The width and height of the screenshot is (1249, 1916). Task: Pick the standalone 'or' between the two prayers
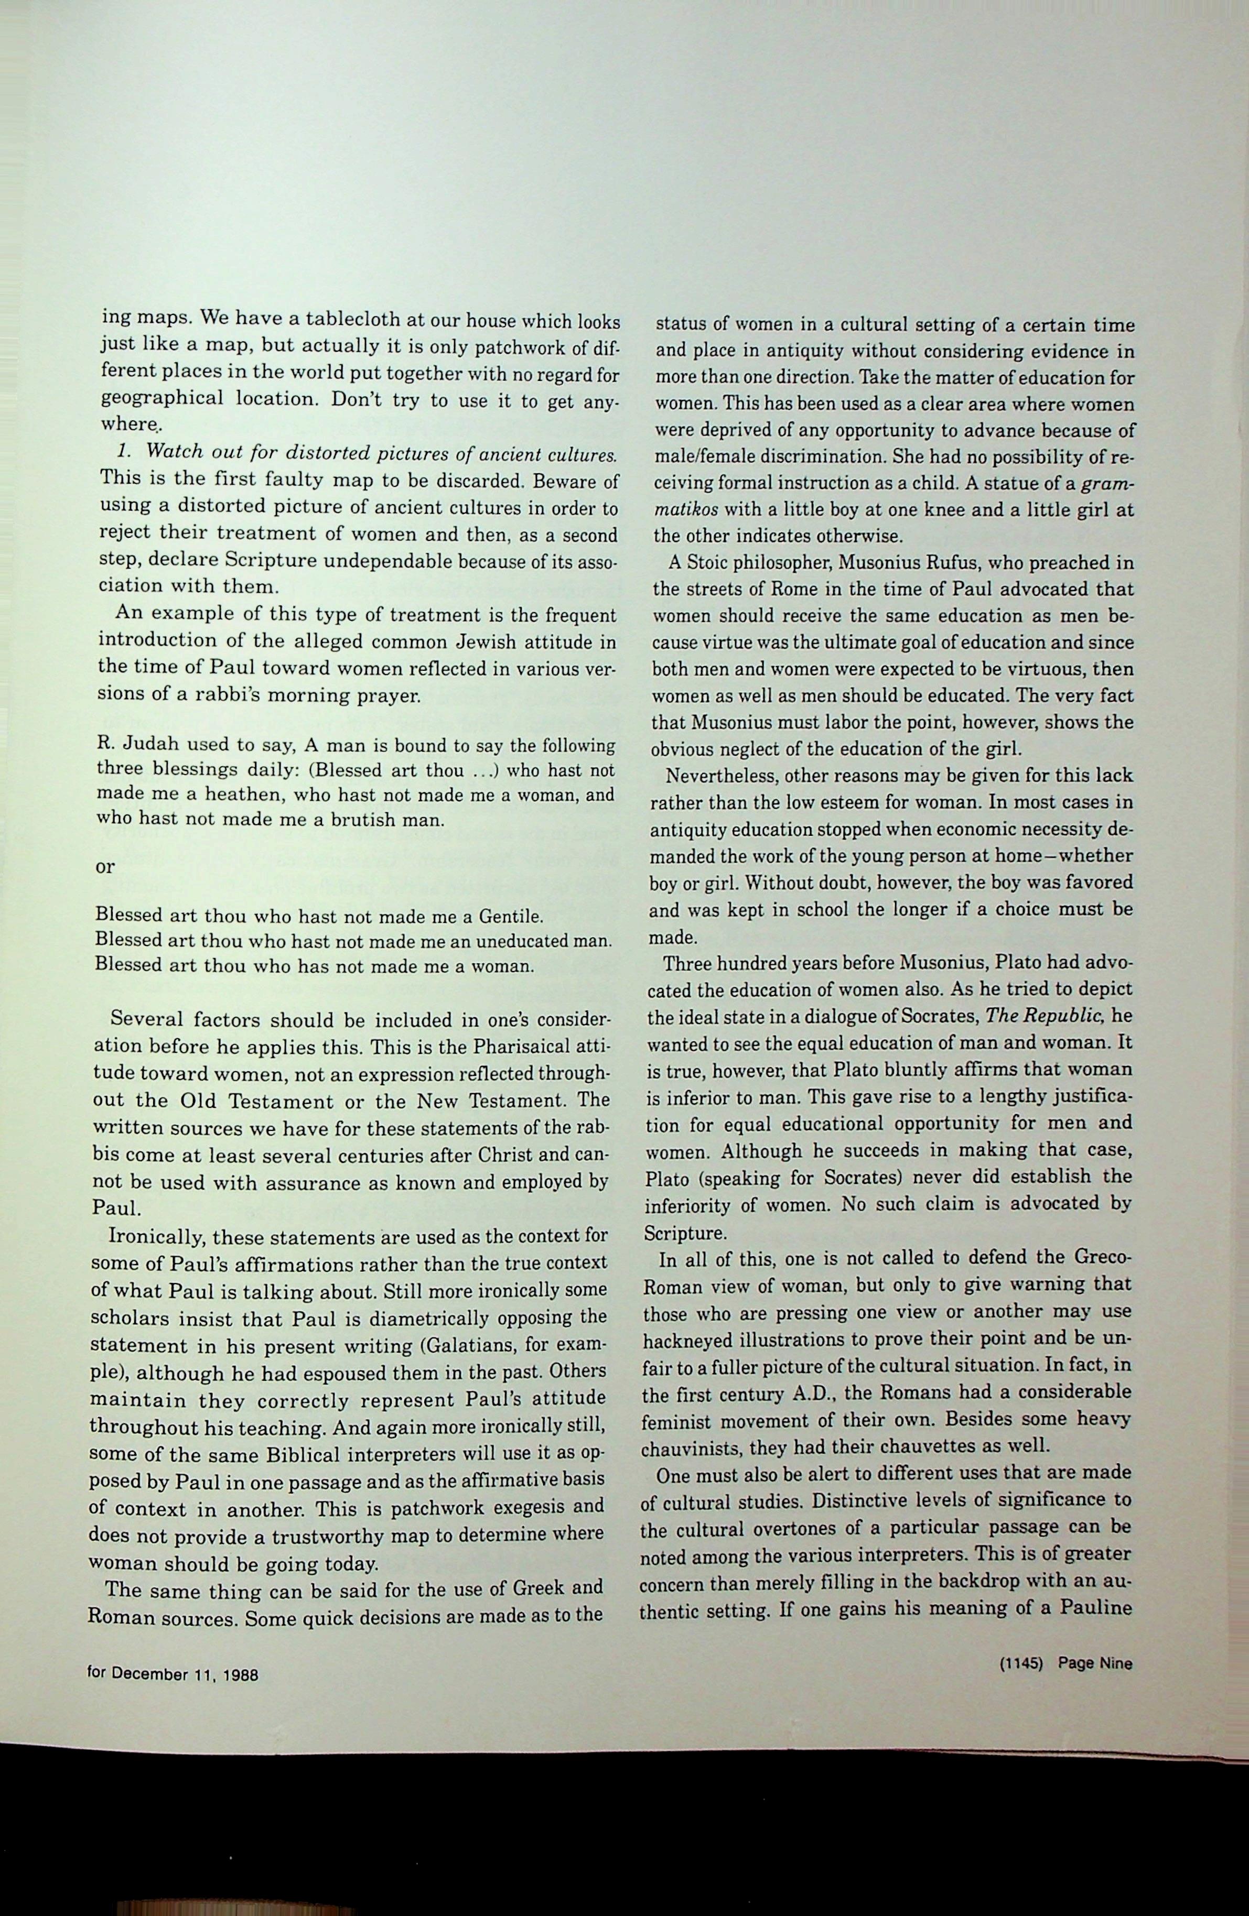click(x=105, y=867)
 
